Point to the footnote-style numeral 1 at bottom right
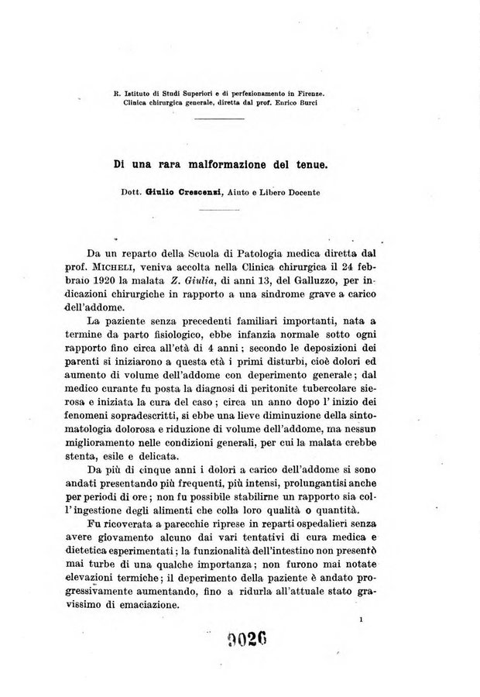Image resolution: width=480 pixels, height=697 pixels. coord(362,620)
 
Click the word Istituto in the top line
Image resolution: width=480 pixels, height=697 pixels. coord(136,94)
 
